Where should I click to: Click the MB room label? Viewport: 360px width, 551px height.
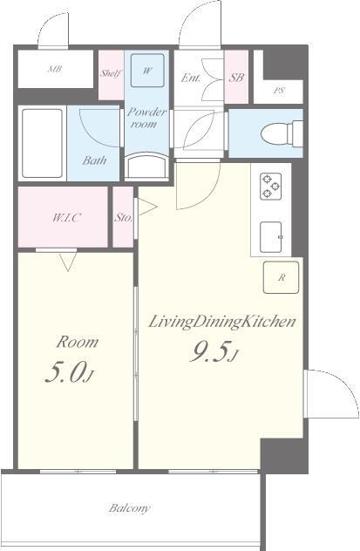(55, 69)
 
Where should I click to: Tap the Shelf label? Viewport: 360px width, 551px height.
(111, 73)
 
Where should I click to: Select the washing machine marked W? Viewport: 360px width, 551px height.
(147, 71)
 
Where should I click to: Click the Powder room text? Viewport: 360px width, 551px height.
(146, 118)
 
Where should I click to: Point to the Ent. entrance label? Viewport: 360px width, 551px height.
(191, 78)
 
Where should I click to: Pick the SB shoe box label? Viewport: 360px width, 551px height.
(236, 78)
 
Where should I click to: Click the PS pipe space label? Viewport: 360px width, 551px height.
(279, 91)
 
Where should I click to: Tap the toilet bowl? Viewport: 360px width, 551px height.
(282, 133)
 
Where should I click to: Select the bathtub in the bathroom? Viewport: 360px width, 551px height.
(42, 143)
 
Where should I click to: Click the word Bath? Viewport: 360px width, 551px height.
(94, 160)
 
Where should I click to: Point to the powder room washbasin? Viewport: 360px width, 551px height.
(146, 166)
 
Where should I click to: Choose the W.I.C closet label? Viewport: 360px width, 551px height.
(65, 218)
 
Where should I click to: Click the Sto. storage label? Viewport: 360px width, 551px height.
(123, 217)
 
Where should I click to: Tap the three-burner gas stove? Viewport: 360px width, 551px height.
(270, 187)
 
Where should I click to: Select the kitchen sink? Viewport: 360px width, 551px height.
(271, 237)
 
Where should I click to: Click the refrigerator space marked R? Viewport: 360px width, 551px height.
(281, 277)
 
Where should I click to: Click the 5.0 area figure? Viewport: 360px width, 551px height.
(69, 372)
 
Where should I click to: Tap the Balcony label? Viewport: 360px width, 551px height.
(129, 507)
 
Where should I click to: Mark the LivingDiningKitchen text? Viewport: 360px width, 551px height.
(222, 322)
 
